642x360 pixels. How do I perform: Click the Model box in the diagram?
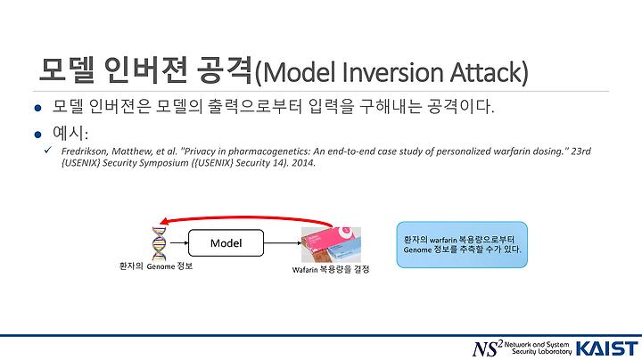226,243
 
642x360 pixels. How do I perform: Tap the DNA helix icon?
159,244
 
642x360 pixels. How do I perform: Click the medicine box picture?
331,245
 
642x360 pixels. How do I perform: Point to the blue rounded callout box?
462,245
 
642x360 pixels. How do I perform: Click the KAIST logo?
607,349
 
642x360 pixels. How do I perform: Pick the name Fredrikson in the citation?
85,151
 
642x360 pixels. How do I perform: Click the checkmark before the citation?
48,150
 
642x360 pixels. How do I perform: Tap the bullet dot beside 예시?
38,135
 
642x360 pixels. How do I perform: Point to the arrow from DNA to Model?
179,243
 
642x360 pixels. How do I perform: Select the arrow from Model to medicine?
283,243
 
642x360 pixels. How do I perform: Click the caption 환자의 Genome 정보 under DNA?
155,266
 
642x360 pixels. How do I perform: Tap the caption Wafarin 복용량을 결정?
331,270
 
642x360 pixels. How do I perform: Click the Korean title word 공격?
225,70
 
